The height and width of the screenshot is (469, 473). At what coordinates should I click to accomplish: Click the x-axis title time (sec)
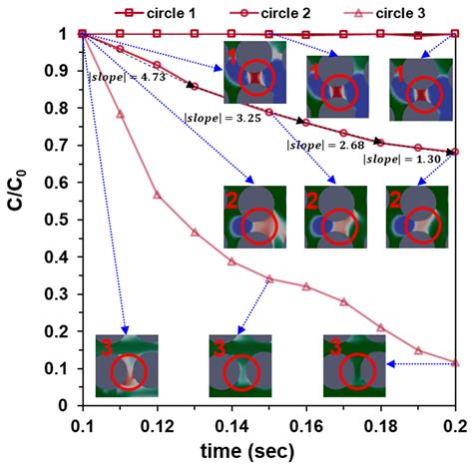[267, 452]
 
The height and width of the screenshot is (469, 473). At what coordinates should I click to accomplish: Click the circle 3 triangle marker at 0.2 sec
[455, 362]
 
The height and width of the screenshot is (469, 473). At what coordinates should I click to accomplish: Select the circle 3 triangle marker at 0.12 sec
[157, 195]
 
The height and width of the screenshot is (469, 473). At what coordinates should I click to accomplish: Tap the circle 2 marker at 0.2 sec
[455, 152]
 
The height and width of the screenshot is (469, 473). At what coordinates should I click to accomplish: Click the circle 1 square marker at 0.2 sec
[455, 34]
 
